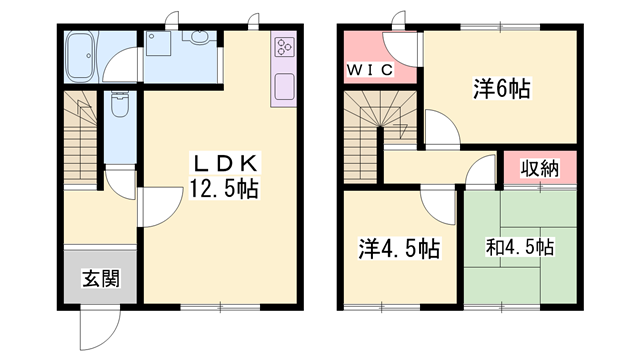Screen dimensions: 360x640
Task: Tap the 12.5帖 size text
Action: [225, 187]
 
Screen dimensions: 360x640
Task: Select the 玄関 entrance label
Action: [100, 277]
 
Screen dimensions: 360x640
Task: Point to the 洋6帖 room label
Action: [501, 89]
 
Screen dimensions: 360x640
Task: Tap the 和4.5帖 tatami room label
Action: [520, 247]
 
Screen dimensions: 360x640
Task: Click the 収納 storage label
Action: [540, 168]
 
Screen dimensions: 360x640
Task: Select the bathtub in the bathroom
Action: [79, 56]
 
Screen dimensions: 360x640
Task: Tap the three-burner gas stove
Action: [284, 49]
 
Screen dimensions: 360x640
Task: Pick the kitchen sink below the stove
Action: [284, 86]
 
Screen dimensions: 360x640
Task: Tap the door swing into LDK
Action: [155, 208]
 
